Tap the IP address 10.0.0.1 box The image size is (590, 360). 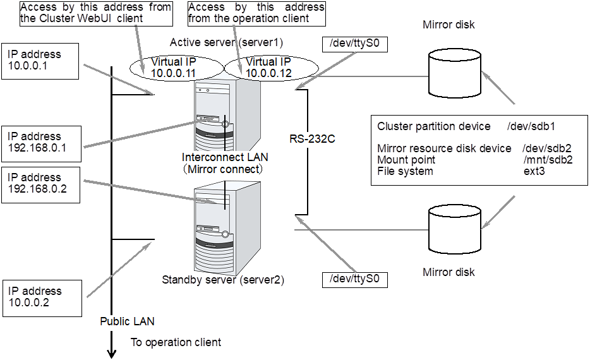tap(41, 61)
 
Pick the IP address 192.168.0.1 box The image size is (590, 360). tap(41, 143)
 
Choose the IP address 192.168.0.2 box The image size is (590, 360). tap(41, 184)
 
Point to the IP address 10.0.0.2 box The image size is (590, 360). tap(41, 297)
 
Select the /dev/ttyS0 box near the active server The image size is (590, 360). tap(354, 44)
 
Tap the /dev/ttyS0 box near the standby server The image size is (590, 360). tap(354, 279)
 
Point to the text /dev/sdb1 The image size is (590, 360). tap(531, 126)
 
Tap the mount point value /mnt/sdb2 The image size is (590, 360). tap(548, 160)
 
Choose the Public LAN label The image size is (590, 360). tap(127, 321)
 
